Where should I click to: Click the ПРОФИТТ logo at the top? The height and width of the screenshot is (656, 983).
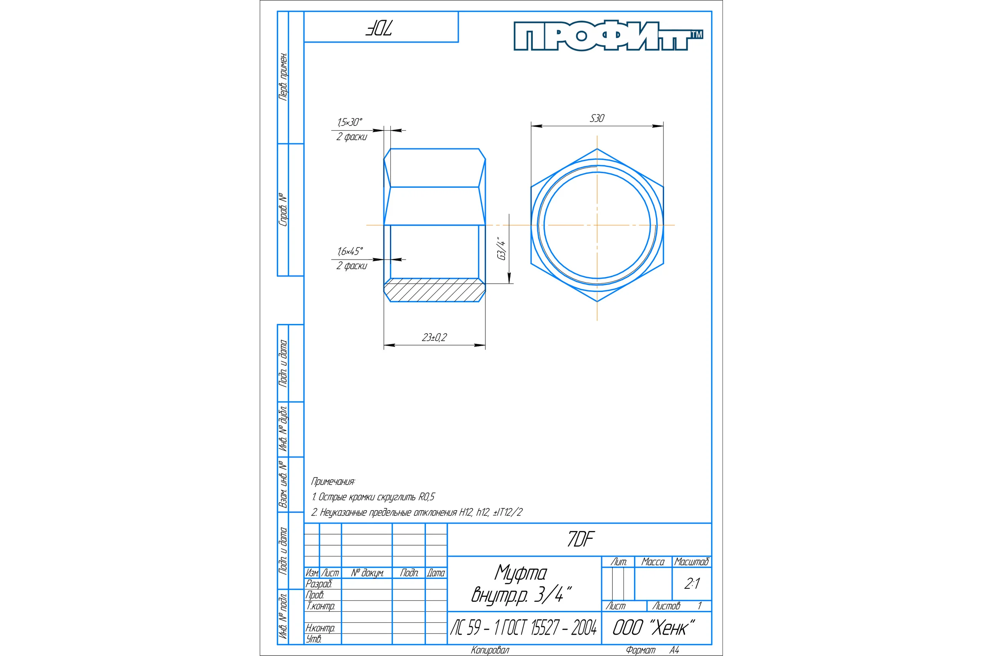pyautogui.click(x=608, y=36)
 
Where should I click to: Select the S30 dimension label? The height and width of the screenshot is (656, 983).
pyautogui.click(x=597, y=118)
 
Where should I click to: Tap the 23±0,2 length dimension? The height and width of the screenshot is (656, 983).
pyautogui.click(x=434, y=337)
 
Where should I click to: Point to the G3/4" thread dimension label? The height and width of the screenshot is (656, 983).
pyautogui.click(x=501, y=248)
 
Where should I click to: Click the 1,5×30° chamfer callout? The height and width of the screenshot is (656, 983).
pyautogui.click(x=350, y=122)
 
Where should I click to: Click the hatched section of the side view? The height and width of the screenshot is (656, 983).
pyautogui.click(x=435, y=290)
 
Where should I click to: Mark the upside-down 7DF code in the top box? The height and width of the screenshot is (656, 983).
pyautogui.click(x=378, y=27)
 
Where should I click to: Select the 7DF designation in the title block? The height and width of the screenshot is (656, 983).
pyautogui.click(x=580, y=539)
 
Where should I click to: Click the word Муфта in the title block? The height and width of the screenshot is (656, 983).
pyautogui.click(x=521, y=573)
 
